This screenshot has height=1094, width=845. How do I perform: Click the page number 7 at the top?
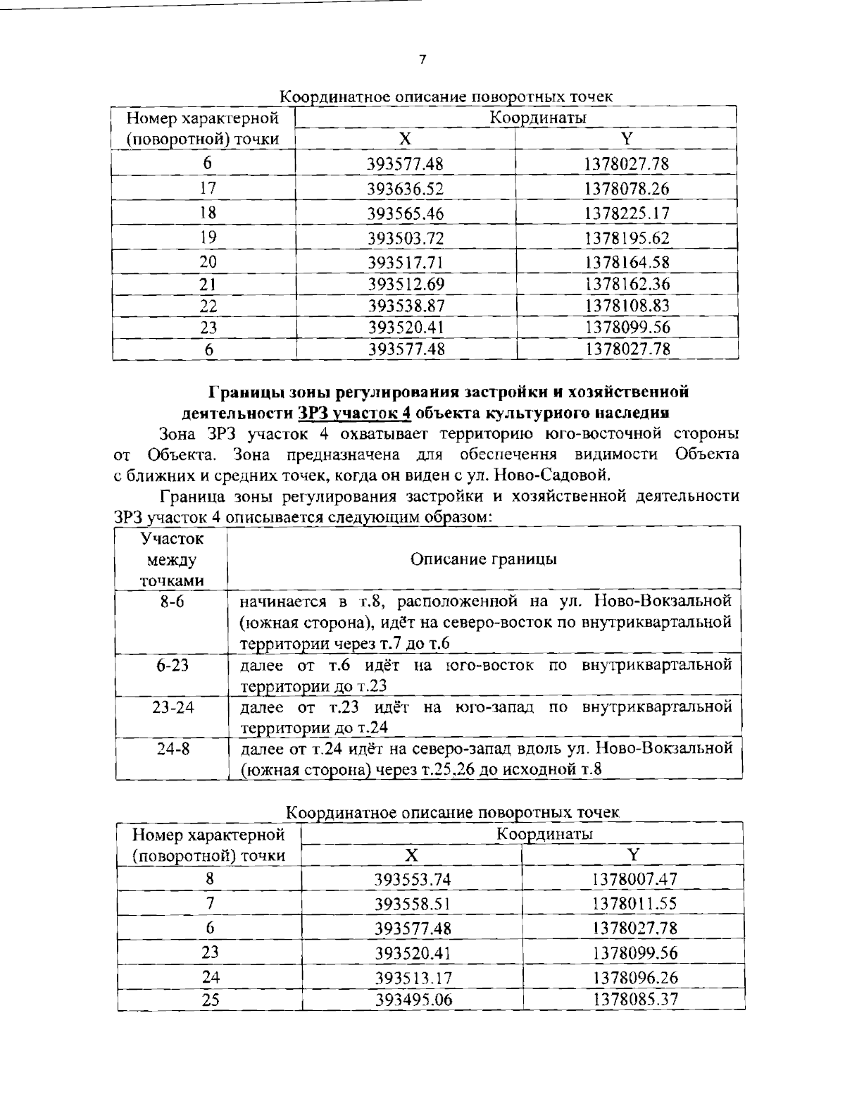coord(422,60)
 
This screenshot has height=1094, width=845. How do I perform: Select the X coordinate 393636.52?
coord(406,189)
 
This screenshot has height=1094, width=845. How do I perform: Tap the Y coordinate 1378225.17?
coord(626,213)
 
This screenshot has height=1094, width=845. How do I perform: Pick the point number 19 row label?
coord(208,237)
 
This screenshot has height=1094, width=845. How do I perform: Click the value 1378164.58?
coord(626,262)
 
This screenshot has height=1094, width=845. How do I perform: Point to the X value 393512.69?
coord(406,284)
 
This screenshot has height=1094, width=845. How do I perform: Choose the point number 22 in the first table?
coord(208,306)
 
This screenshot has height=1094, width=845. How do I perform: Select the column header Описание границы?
coord(483,559)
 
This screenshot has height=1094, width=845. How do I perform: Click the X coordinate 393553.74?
coord(412,879)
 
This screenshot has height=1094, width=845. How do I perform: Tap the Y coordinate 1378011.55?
coord(634,903)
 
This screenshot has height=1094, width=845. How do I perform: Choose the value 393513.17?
coord(412,978)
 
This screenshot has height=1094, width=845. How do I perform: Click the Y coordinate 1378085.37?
coord(634,999)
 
